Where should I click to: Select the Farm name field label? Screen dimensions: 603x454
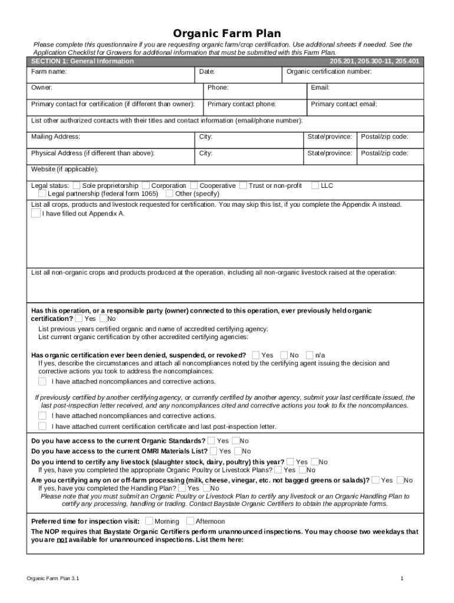click(x=49, y=72)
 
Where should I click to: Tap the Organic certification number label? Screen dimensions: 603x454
click(x=328, y=72)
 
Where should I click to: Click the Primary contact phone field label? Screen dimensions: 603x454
click(x=241, y=104)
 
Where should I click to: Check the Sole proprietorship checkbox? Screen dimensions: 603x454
click(x=77, y=185)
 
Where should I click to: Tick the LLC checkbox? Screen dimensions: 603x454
click(x=315, y=185)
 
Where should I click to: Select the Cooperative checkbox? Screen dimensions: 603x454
click(x=195, y=185)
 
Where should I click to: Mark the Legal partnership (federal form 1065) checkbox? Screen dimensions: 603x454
click(x=42, y=194)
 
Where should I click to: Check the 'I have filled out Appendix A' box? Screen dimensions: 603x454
click(x=35, y=214)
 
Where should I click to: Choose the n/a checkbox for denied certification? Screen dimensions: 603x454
click(x=310, y=355)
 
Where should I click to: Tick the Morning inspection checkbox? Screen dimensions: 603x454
click(x=149, y=521)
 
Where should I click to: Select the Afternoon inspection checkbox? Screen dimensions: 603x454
click(x=190, y=521)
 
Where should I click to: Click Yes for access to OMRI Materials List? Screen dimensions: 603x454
click(x=213, y=451)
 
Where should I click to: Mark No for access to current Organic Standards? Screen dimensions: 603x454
click(x=235, y=440)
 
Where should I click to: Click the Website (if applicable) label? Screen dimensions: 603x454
click(x=65, y=170)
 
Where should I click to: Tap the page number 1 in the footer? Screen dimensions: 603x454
click(x=402, y=579)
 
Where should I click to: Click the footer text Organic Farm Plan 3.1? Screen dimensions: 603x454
click(x=53, y=579)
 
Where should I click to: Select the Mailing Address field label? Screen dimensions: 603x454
click(x=55, y=137)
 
